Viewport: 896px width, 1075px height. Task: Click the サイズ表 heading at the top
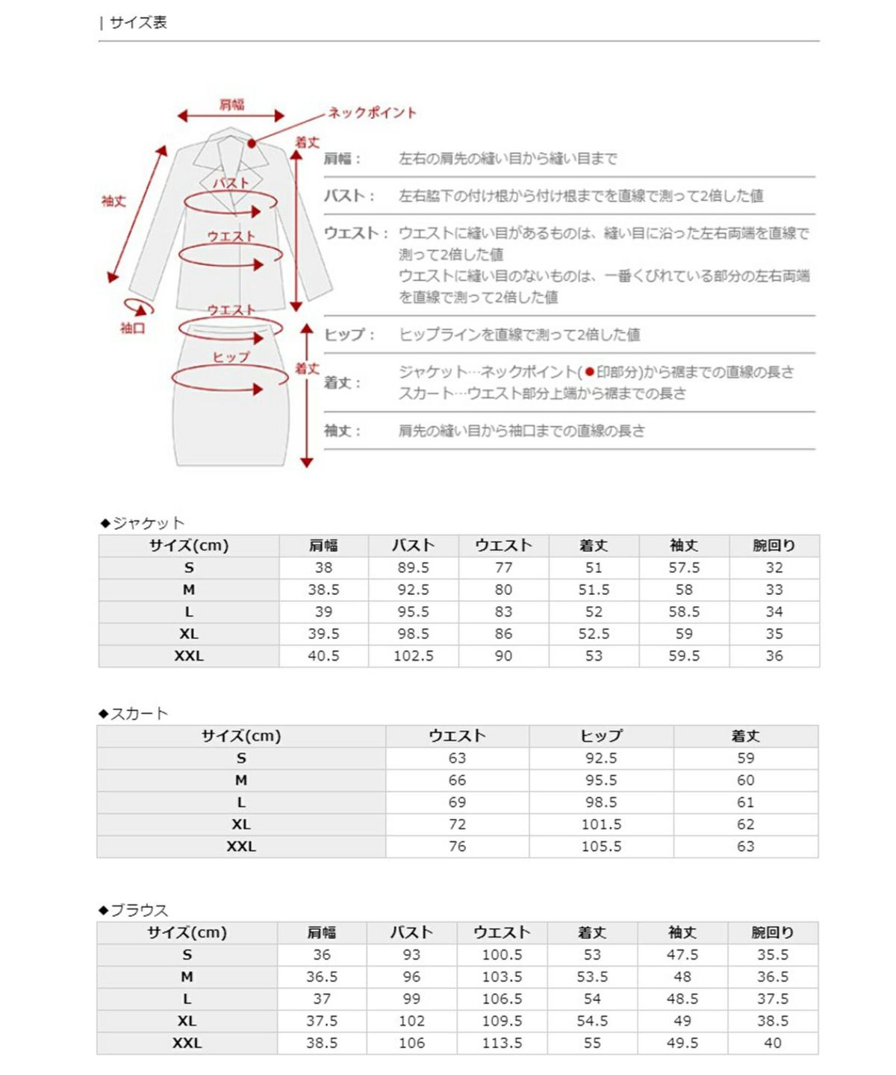click(137, 22)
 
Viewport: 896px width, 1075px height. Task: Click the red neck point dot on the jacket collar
click(252, 143)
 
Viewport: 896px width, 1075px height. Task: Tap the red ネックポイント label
click(372, 113)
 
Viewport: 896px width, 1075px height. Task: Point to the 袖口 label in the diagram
click(132, 328)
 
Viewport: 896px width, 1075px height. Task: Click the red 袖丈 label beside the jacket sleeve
click(113, 201)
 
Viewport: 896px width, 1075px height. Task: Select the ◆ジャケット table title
click(143, 523)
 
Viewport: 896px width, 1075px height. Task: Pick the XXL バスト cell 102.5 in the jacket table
click(413, 655)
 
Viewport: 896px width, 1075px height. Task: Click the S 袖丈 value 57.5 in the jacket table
click(684, 567)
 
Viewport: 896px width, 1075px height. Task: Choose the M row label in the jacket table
click(189, 590)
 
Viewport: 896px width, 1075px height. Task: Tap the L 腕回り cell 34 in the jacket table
click(774, 611)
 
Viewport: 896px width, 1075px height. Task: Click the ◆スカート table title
click(134, 713)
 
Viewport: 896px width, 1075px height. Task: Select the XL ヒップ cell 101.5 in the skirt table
click(601, 824)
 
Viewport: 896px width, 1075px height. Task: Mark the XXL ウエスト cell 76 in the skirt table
click(457, 847)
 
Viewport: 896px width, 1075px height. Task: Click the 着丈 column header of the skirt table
click(745, 736)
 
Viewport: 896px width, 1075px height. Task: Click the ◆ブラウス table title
click(134, 910)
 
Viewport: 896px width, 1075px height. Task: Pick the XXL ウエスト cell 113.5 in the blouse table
click(502, 1043)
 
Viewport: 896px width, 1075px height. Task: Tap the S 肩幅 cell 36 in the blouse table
click(322, 955)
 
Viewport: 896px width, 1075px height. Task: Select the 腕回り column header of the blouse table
click(772, 932)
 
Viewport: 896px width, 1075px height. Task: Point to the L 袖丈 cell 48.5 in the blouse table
click(682, 999)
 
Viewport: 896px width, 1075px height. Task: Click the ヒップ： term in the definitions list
click(349, 334)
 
